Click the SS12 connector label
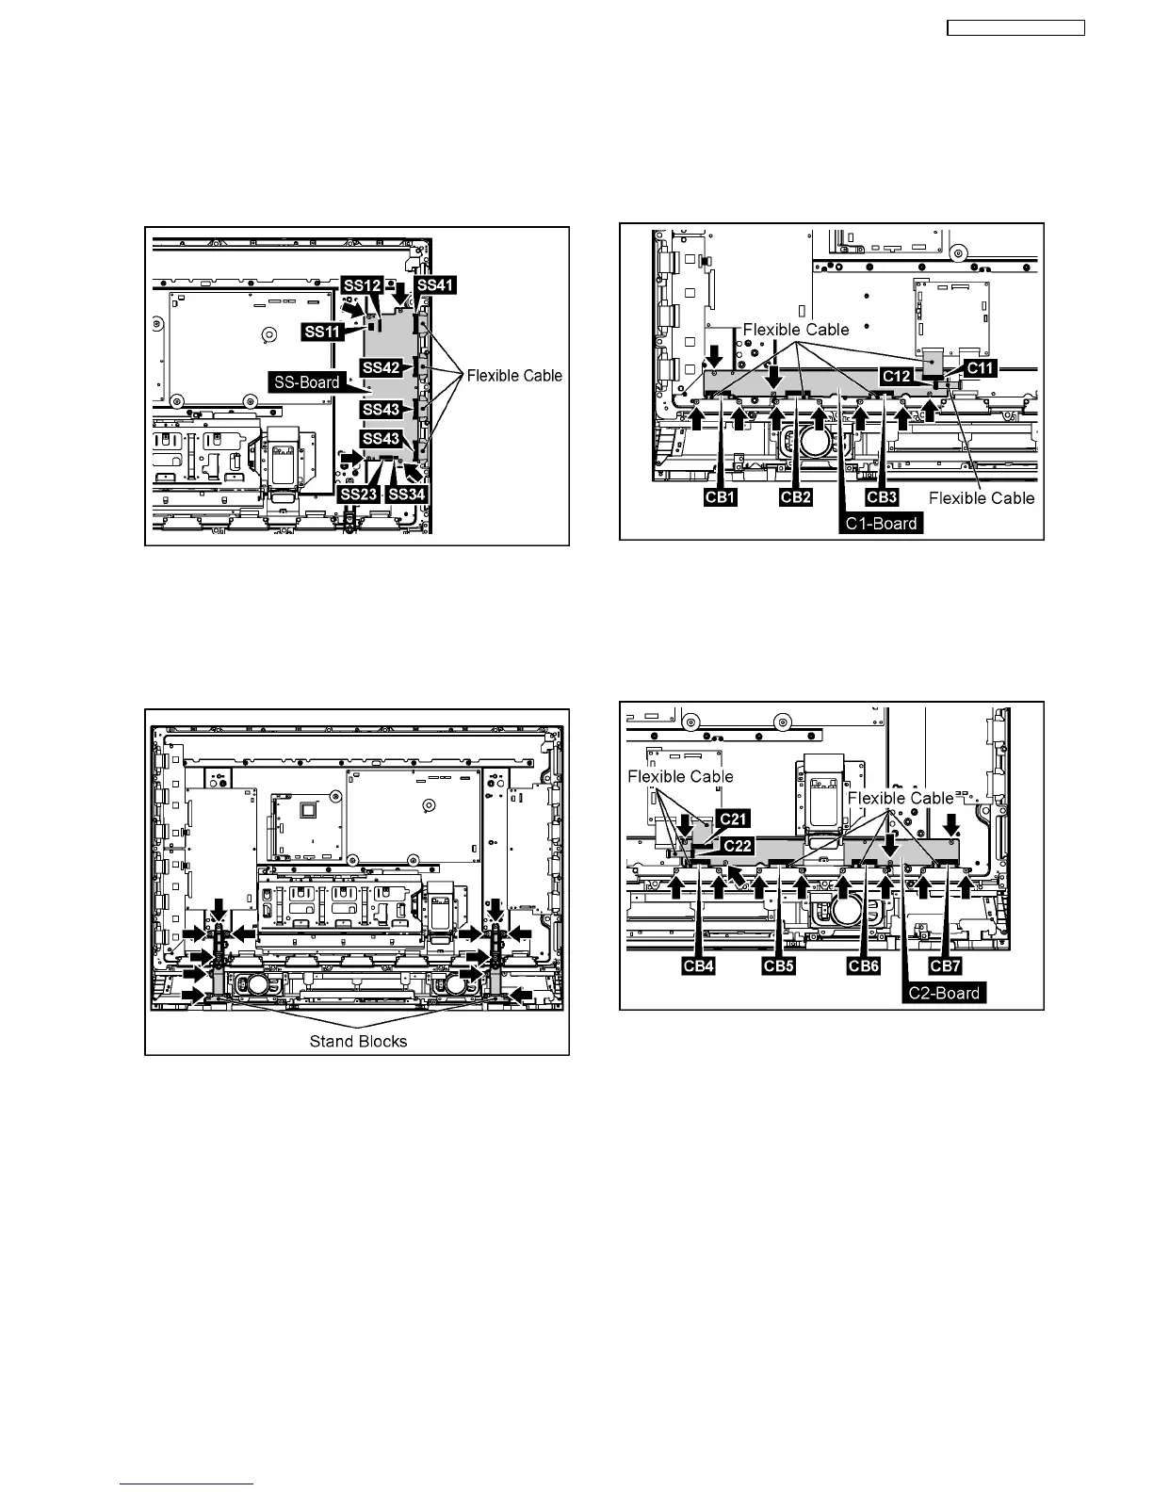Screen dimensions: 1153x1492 tap(362, 285)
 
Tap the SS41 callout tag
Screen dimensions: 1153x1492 tap(435, 284)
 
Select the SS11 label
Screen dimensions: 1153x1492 tap(322, 332)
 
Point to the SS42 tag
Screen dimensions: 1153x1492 tap(381, 367)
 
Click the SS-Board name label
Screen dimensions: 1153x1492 tap(306, 382)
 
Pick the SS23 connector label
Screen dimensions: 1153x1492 tap(358, 494)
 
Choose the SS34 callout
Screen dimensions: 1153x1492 tap(407, 494)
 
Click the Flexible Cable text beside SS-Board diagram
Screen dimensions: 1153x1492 tap(514, 376)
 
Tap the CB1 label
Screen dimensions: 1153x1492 tap(721, 497)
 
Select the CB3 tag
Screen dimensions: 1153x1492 tap(882, 497)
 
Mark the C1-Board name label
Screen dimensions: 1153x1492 tap(882, 524)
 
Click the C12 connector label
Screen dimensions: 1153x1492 tap(897, 376)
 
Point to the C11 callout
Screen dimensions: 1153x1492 tap(980, 368)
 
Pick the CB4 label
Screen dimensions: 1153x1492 tap(697, 966)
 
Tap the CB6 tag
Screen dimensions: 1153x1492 tap(863, 966)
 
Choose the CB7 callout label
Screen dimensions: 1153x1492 tap(945, 966)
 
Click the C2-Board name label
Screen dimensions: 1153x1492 tap(945, 993)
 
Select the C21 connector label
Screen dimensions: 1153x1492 tap(734, 819)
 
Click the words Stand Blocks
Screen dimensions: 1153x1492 tap(358, 1041)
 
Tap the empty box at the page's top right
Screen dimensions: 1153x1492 tap(1015, 28)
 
